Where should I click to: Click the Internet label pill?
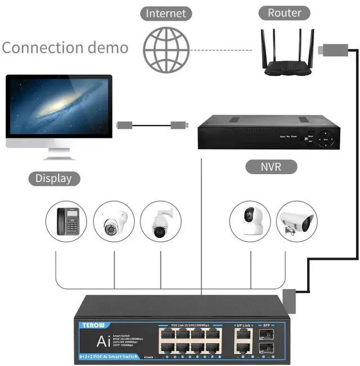coord(166,13)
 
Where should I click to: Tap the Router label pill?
coord(285,13)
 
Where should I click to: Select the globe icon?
coord(166,49)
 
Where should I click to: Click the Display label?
coord(53,179)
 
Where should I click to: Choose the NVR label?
coord(271,167)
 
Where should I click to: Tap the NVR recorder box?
coord(269,133)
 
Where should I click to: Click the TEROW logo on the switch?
coord(88,325)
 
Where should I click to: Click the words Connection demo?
coord(65,47)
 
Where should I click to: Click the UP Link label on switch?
coord(243,326)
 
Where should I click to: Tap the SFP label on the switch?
coord(267,326)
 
